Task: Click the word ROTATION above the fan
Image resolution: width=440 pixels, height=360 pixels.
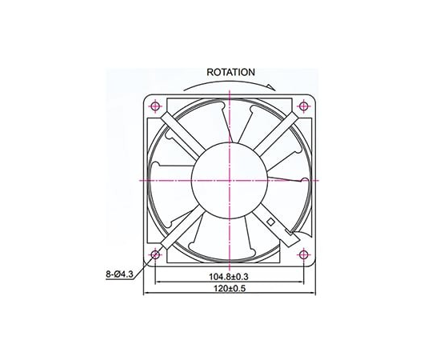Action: coord(230,72)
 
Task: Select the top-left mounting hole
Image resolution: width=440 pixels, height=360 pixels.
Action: coord(155,106)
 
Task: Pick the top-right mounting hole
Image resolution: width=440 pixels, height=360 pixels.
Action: coord(304,106)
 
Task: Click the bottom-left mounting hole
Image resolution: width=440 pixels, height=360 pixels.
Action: coord(155,254)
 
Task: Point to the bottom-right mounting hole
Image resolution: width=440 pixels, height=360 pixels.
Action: coord(304,254)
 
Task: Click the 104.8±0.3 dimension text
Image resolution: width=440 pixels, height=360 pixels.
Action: coord(230,277)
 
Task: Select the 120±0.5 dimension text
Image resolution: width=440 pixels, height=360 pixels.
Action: coord(230,289)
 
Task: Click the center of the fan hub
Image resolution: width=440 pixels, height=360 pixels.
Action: coord(230,180)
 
